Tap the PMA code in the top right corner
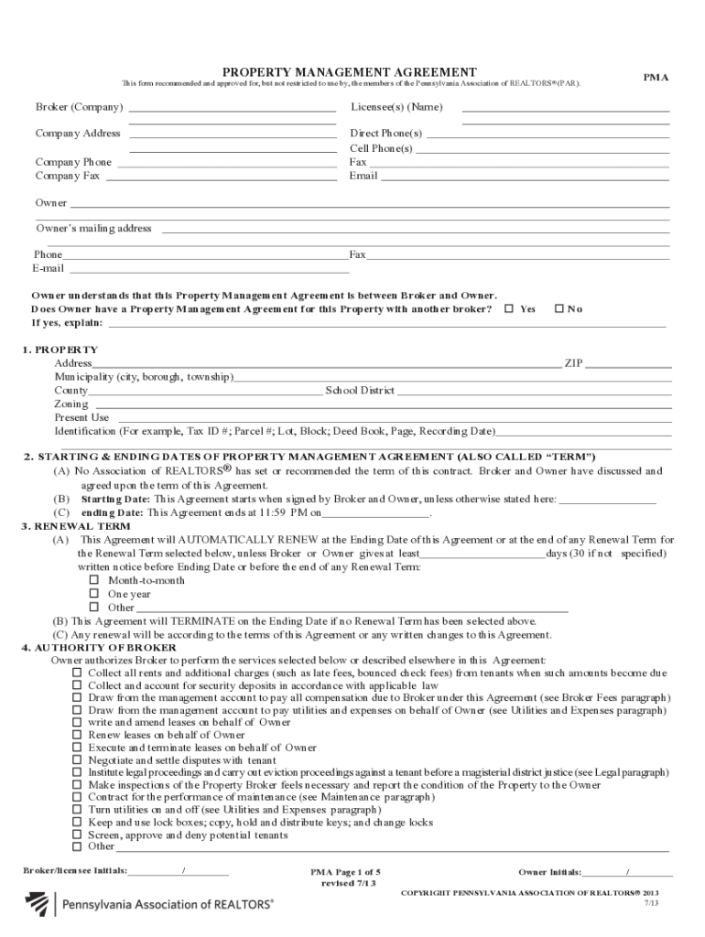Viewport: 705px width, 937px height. pyautogui.click(x=655, y=78)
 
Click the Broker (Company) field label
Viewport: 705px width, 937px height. pyautogui.click(x=79, y=107)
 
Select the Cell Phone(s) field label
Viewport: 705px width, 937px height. pyautogui.click(x=381, y=148)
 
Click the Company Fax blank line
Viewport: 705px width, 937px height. pyautogui.click(x=221, y=176)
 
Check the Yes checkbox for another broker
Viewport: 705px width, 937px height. pyautogui.click(x=509, y=309)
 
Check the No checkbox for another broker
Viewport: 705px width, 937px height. pyautogui.click(x=559, y=309)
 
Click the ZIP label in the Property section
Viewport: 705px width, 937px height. pyautogui.click(x=573, y=363)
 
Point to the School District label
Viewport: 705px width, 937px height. pyautogui.click(x=360, y=391)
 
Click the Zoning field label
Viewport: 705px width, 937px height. pyautogui.click(x=71, y=404)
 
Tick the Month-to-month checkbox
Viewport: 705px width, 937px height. pyautogui.click(x=93, y=581)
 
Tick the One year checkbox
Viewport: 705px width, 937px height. pyautogui.click(x=93, y=594)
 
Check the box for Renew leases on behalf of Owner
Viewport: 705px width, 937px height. pyautogui.click(x=77, y=735)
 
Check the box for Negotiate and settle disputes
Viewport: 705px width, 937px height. pyautogui.click(x=77, y=759)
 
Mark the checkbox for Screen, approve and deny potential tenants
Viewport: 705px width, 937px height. pyautogui.click(x=77, y=835)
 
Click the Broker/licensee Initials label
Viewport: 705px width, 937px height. pyautogui.click(x=75, y=871)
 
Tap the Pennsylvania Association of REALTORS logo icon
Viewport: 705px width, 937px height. pyautogui.click(x=38, y=905)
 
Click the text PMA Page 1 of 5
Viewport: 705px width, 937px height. pyautogui.click(x=344, y=873)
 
